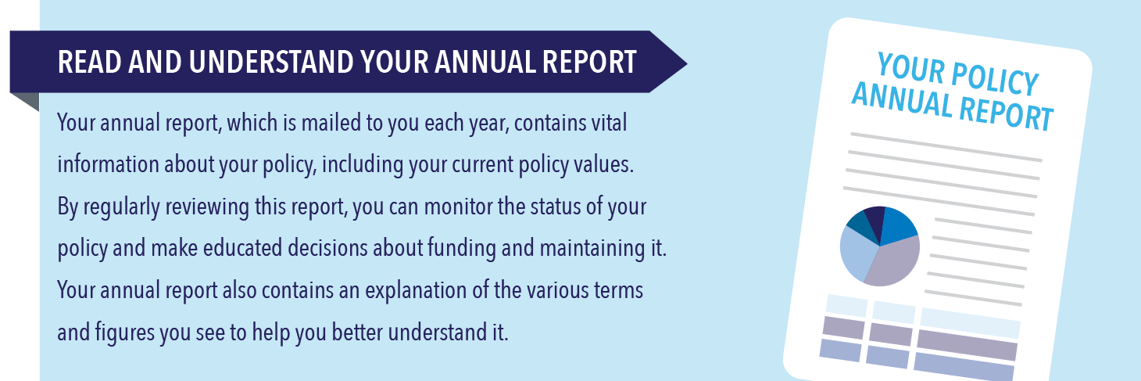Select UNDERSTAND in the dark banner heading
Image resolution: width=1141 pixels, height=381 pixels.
270,63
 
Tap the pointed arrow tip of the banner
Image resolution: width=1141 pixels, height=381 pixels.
686,63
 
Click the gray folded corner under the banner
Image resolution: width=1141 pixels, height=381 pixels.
24,102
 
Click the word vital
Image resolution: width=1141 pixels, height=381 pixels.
609,123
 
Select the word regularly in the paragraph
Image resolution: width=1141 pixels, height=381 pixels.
121,207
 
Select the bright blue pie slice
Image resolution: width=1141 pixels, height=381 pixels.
898,225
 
